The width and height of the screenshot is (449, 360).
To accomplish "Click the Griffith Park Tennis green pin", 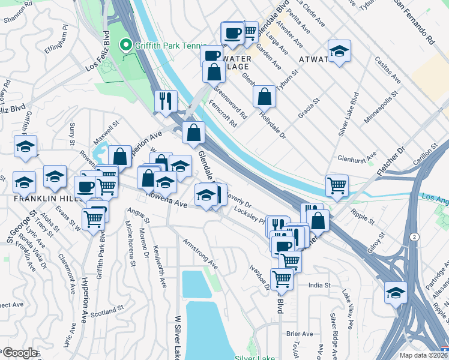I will (x=126, y=45).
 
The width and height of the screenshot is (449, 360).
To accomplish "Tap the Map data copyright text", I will (x=423, y=355).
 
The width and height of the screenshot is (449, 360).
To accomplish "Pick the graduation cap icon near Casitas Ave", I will (x=339, y=51).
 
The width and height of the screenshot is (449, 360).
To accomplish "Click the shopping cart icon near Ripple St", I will (x=337, y=185).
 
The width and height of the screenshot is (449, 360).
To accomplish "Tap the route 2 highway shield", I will (x=414, y=238).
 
